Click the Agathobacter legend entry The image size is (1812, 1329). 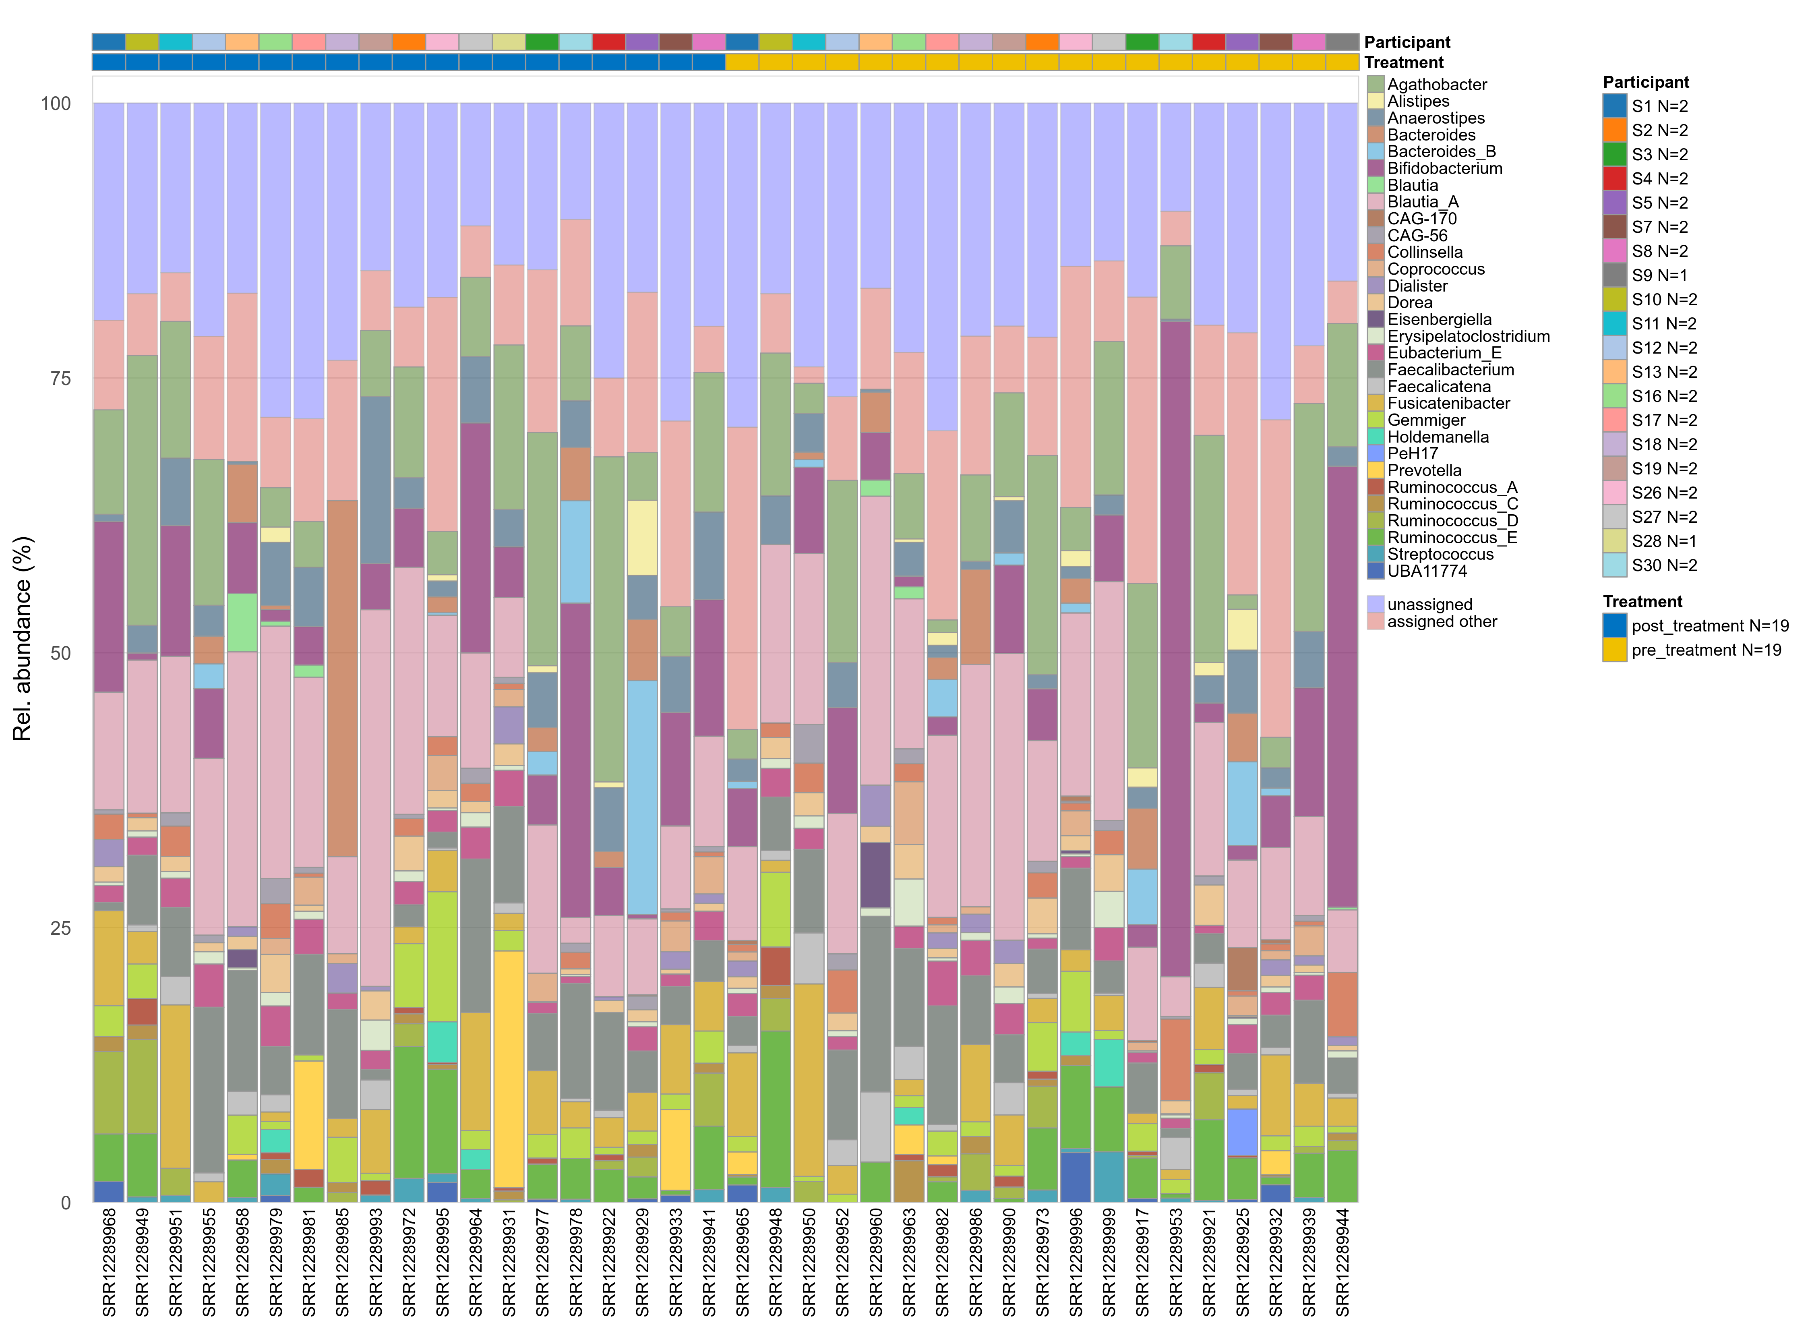(1436, 85)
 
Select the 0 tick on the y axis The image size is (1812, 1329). (66, 1203)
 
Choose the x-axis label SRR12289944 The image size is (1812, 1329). (1342, 1261)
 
